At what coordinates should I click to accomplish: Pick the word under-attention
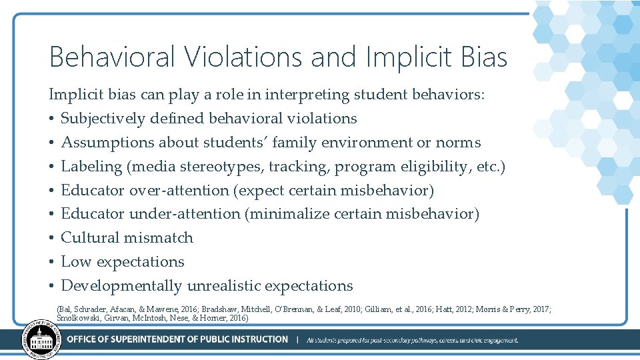[x=185, y=214]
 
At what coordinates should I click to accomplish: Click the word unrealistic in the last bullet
[x=223, y=286]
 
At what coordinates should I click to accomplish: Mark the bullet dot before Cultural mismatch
[x=51, y=239]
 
